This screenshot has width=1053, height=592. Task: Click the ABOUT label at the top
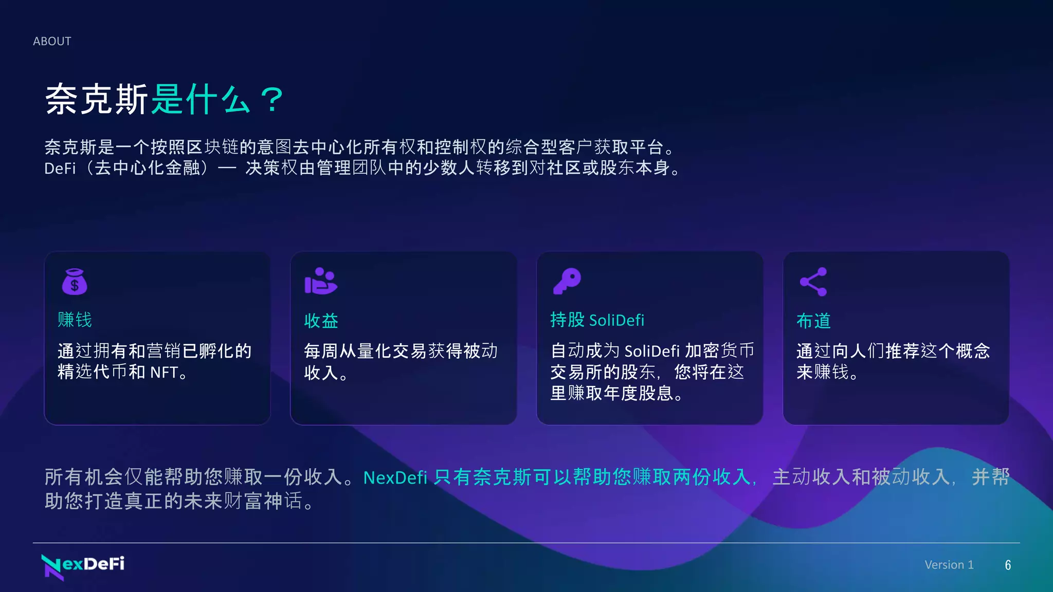coord(52,41)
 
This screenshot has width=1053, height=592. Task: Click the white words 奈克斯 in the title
coord(97,99)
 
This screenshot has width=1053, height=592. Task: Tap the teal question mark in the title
coord(271,99)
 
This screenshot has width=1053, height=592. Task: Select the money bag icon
coord(75,282)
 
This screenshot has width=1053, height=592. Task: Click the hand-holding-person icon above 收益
coord(320,281)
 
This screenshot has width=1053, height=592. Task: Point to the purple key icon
coord(567,281)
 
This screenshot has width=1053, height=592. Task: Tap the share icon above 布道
coord(813,282)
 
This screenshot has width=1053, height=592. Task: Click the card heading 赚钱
coord(75,320)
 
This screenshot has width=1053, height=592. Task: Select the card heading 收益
coord(321,321)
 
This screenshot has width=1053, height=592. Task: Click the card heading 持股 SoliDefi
coord(597,320)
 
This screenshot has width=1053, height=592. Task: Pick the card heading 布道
coord(813,321)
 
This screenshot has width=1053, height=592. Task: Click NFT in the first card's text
coord(164,372)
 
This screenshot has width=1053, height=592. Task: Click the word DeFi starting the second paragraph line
coord(60,168)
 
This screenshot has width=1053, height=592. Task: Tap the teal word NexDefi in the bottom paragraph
coord(395,477)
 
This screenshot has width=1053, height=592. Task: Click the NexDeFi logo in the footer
coord(83,566)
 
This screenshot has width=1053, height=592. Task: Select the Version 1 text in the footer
coord(949,565)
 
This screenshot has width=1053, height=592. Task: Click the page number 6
coord(1008,565)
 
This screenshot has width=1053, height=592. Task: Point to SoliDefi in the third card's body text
coord(652,351)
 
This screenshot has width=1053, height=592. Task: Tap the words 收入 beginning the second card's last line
coord(321,373)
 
